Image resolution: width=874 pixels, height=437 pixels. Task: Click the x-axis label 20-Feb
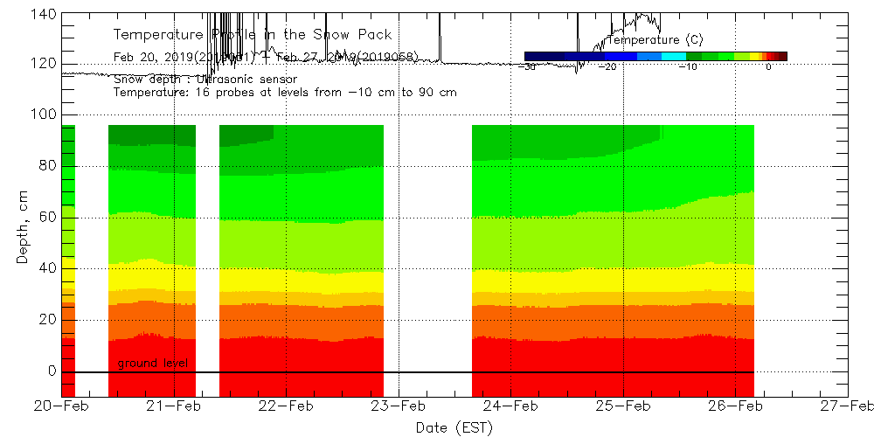pyautogui.click(x=60, y=406)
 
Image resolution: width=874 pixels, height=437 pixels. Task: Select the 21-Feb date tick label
pyautogui.click(x=173, y=406)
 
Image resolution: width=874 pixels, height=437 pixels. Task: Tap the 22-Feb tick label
pyautogui.click(x=286, y=406)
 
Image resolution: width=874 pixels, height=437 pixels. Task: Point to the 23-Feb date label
pyautogui.click(x=399, y=406)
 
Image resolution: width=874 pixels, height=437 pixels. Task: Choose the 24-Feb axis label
pyautogui.click(x=510, y=406)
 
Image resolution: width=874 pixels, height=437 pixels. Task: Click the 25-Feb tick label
pyautogui.click(x=623, y=406)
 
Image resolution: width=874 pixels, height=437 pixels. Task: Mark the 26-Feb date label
pyautogui.click(x=736, y=406)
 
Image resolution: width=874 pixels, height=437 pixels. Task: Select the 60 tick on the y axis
pyautogui.click(x=45, y=218)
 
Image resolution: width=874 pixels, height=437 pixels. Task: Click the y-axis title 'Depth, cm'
pyautogui.click(x=23, y=229)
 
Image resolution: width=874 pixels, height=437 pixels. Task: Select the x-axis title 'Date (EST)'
pyautogui.click(x=454, y=427)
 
